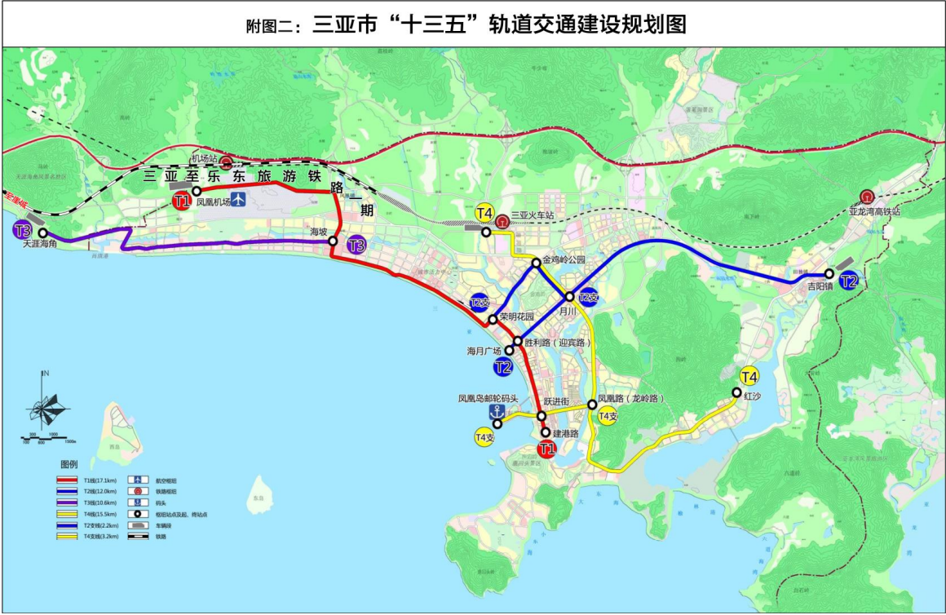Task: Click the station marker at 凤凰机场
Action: [x=197, y=191]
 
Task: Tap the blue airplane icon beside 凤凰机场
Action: [x=237, y=199]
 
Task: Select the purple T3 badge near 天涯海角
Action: [x=23, y=230]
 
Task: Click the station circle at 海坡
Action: [x=333, y=241]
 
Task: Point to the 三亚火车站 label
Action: [x=533, y=216]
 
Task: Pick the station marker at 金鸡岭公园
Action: [x=536, y=263]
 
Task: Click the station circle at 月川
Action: [x=570, y=297]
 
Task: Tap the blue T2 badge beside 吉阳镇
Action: [x=849, y=281]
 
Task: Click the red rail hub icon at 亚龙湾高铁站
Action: [x=866, y=197]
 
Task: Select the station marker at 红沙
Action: [x=736, y=393]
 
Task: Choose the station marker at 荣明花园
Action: [x=493, y=320]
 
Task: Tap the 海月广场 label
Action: [x=484, y=351]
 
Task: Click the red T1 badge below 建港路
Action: [x=546, y=449]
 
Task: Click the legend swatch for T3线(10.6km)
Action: [x=69, y=502]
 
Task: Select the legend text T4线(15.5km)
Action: [x=100, y=514]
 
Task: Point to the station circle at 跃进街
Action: [x=541, y=416]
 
